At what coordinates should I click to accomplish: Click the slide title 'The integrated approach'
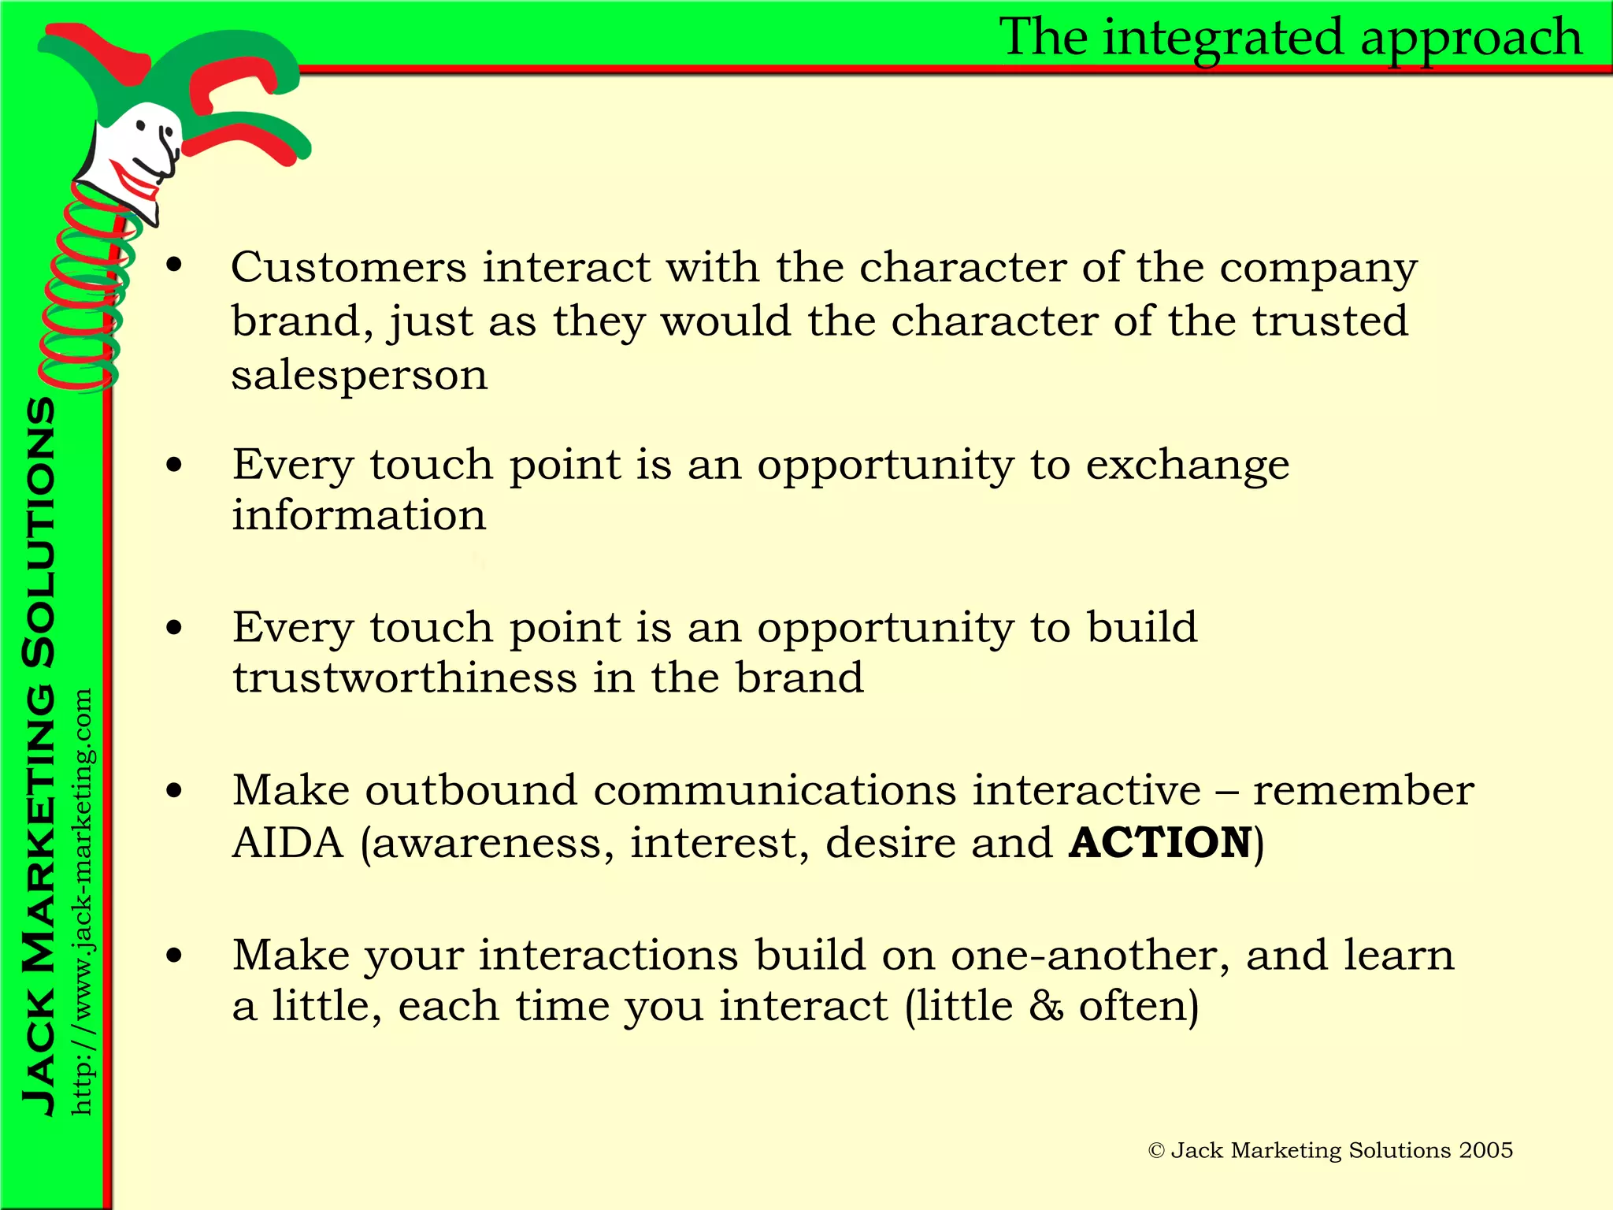point(1290,38)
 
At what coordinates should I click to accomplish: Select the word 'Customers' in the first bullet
point(349,268)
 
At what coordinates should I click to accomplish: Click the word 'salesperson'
point(359,375)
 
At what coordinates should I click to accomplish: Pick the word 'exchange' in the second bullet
point(1188,465)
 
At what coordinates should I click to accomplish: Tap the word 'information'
point(359,516)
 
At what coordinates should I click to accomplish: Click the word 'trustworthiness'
point(405,678)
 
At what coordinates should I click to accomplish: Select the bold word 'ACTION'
point(1161,843)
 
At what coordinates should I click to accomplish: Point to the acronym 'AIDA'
point(288,843)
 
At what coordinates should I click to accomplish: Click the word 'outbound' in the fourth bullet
point(471,790)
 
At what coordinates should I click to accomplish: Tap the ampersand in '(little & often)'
point(1046,1007)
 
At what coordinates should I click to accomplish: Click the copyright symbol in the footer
point(1156,1151)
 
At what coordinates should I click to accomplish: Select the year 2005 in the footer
point(1485,1151)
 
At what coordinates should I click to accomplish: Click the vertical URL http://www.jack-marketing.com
point(82,902)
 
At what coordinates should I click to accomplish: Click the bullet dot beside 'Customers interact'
point(174,266)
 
